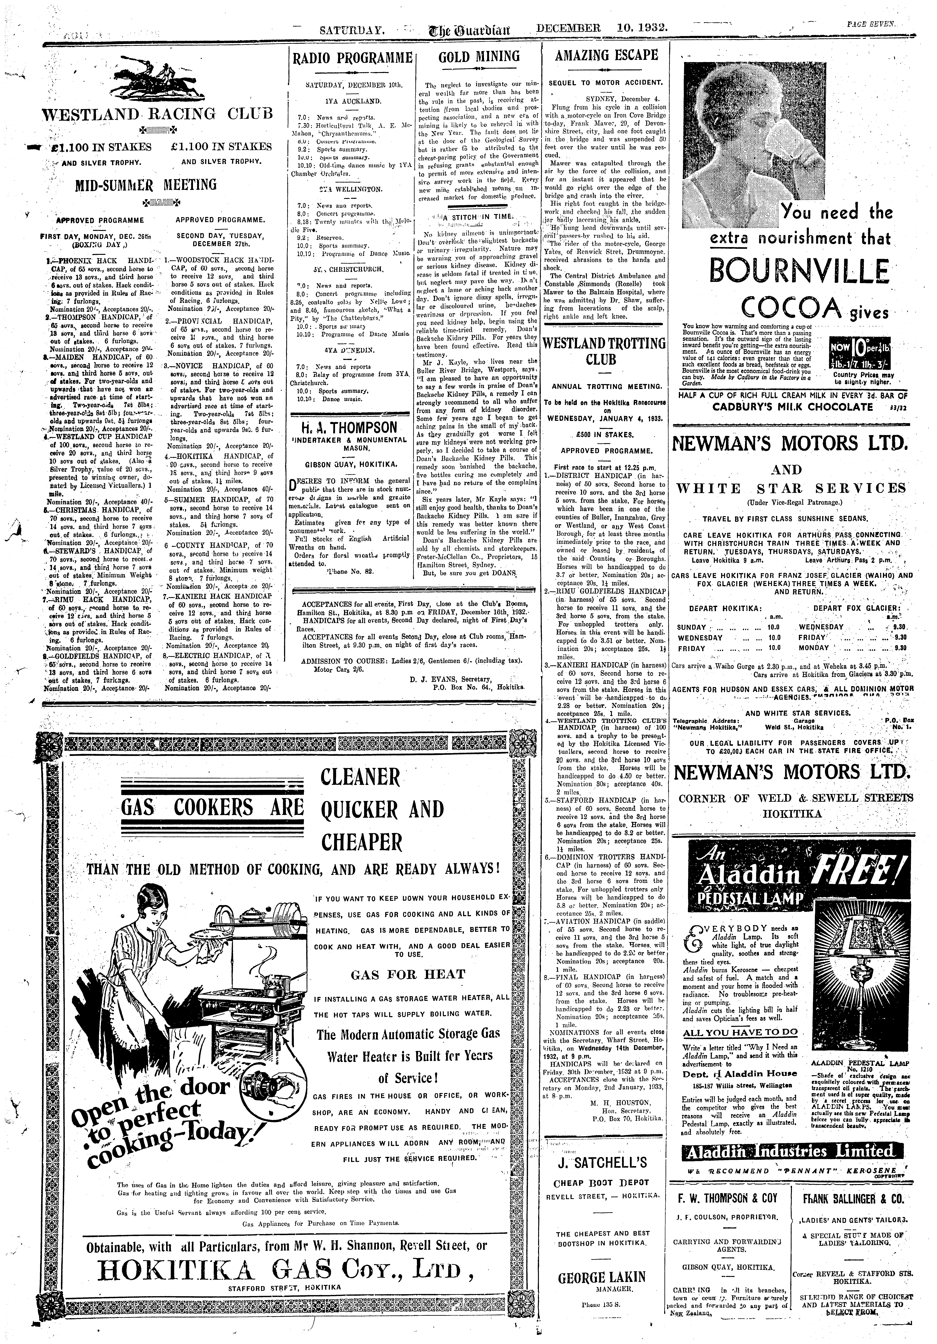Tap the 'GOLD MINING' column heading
479,56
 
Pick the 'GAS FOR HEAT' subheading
408,974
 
